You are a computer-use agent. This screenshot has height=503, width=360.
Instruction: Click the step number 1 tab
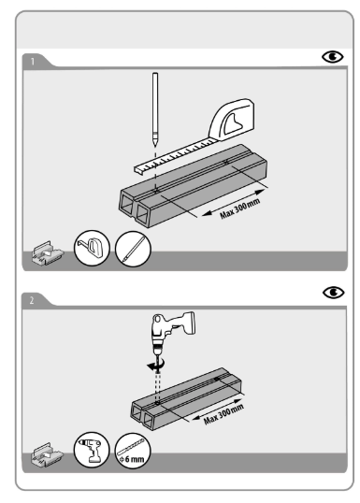click(33, 62)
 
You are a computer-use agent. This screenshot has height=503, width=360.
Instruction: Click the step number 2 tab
click(32, 300)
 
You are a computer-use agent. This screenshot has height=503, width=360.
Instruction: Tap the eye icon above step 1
click(332, 57)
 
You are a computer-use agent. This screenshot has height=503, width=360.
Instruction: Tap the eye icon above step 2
click(334, 293)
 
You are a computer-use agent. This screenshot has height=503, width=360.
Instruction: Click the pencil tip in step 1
click(155, 145)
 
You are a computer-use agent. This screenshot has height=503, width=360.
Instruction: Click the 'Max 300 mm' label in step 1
click(239, 208)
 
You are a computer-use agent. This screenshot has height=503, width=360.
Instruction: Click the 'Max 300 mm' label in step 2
click(223, 414)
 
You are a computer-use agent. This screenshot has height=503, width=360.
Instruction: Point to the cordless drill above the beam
click(172, 334)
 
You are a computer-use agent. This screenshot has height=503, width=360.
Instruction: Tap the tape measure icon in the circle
click(92, 248)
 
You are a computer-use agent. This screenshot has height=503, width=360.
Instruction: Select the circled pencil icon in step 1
click(133, 249)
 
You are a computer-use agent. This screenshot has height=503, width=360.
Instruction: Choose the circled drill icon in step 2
click(92, 449)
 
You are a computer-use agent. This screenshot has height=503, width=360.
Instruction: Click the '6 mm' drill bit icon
click(133, 451)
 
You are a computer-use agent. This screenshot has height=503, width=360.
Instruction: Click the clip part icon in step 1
click(48, 253)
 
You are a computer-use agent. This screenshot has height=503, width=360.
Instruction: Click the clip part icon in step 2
click(48, 455)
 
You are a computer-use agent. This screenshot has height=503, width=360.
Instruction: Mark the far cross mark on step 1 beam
click(226, 162)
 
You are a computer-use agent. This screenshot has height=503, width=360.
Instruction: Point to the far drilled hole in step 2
click(217, 380)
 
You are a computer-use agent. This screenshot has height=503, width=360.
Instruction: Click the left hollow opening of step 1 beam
click(127, 206)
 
